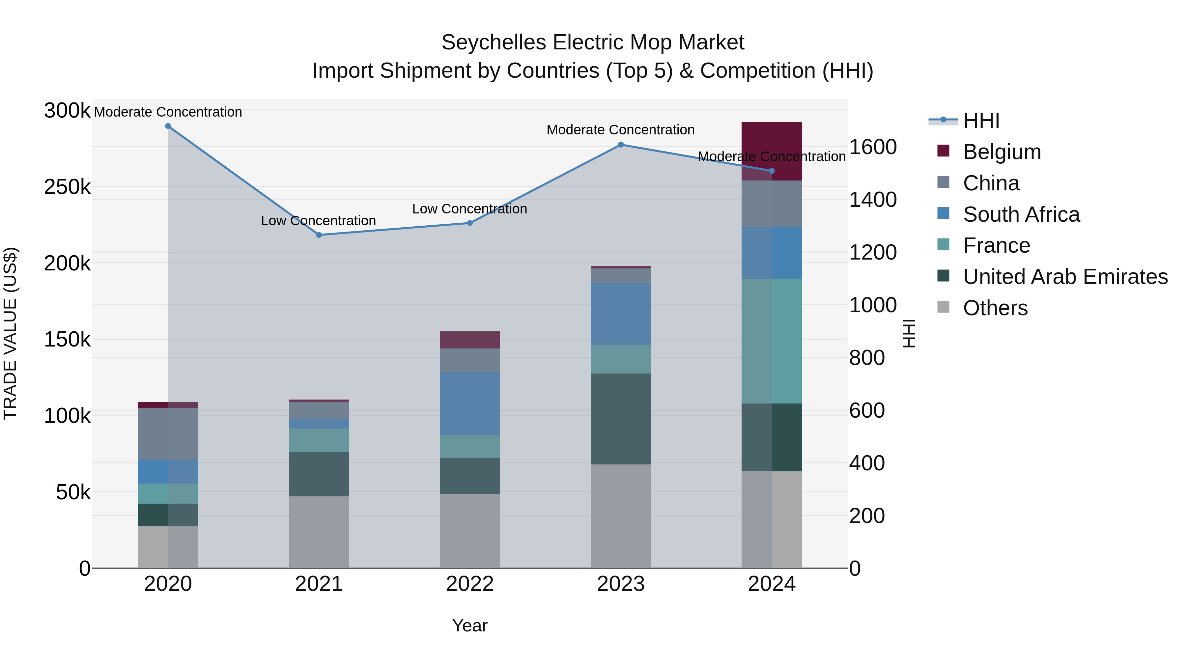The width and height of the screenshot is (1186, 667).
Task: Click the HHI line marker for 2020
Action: (168, 126)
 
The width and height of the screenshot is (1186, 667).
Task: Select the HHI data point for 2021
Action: (319, 235)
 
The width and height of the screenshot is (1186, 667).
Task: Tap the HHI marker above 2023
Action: (621, 145)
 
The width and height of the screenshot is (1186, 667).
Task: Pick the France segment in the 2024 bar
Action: (772, 341)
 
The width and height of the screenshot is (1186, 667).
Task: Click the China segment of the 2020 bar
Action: (168, 433)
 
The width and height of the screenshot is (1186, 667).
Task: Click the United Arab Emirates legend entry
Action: (1065, 277)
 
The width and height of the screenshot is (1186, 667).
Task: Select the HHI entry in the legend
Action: (981, 121)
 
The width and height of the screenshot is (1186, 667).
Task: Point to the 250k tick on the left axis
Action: (67, 187)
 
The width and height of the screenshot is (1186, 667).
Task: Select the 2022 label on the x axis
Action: (469, 584)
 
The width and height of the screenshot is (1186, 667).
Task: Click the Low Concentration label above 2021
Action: (319, 221)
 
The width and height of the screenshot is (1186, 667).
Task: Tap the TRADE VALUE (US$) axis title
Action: (10, 333)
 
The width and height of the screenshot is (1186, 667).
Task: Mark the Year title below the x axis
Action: (469, 625)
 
